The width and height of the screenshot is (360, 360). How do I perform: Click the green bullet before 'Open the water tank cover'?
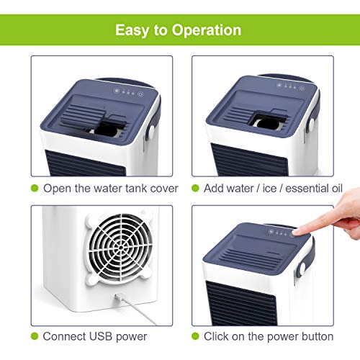34,188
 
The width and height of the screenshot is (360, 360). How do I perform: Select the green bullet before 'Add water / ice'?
194,188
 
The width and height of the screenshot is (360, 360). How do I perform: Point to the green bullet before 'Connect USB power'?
34,336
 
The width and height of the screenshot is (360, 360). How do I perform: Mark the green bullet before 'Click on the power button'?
194,336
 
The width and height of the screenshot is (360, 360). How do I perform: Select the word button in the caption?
315,336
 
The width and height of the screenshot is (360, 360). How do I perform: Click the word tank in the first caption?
128,188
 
